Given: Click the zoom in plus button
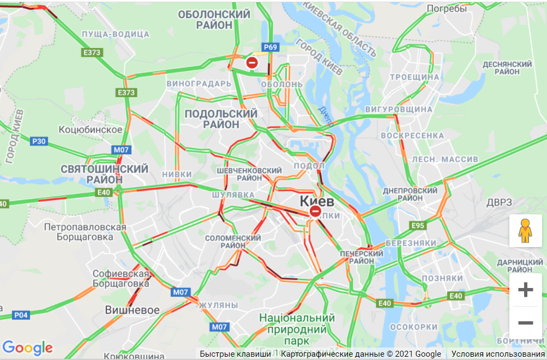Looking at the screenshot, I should click(x=525, y=290).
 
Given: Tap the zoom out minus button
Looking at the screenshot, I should click(x=525, y=323).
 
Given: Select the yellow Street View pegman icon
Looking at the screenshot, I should click(x=525, y=231).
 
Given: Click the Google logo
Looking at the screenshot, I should click(x=27, y=347).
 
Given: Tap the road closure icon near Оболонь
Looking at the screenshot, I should click(x=252, y=63).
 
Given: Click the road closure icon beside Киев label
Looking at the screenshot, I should click(x=315, y=211).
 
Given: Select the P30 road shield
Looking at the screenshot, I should click(x=39, y=141).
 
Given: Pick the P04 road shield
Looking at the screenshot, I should click(x=21, y=315).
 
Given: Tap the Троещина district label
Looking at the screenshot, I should click(x=414, y=77).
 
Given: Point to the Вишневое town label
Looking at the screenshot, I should click(x=133, y=310).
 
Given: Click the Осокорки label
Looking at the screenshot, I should click(x=415, y=327).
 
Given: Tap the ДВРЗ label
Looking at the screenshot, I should click(x=499, y=202).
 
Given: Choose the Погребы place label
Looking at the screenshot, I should click(x=447, y=9).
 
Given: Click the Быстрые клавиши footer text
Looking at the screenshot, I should click(x=235, y=354).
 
